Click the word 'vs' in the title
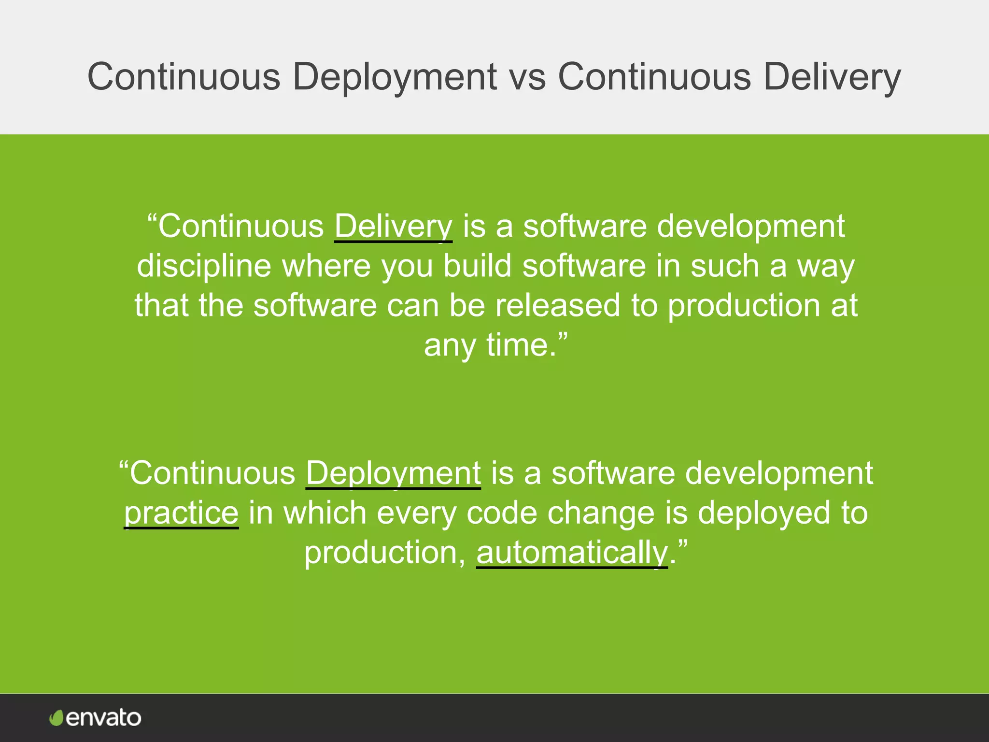(527, 77)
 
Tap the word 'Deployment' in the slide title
(395, 77)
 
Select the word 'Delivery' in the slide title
(832, 77)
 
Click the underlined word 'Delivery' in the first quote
(393, 227)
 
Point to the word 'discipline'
(204, 266)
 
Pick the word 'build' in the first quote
(477, 266)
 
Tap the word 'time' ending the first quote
(517, 345)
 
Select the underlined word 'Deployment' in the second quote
(393, 473)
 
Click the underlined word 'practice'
(181, 513)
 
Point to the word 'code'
(502, 513)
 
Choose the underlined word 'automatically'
(572, 552)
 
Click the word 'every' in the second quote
(416, 513)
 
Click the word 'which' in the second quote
(325, 513)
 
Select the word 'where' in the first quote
(326, 266)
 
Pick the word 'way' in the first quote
(826, 266)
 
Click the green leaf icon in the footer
(57, 718)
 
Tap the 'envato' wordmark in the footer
(103, 718)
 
